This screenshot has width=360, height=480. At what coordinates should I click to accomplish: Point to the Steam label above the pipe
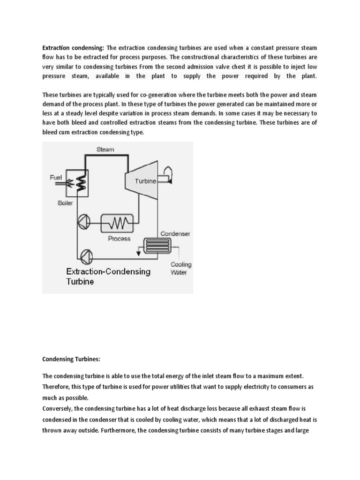105,150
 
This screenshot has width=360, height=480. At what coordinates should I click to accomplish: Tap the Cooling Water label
180,268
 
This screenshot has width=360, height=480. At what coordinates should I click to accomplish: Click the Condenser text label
175,233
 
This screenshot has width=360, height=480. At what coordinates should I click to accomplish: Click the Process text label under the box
119,238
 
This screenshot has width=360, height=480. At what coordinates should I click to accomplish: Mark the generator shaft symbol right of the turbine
166,176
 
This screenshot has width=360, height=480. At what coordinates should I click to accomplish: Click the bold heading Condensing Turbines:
71,359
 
